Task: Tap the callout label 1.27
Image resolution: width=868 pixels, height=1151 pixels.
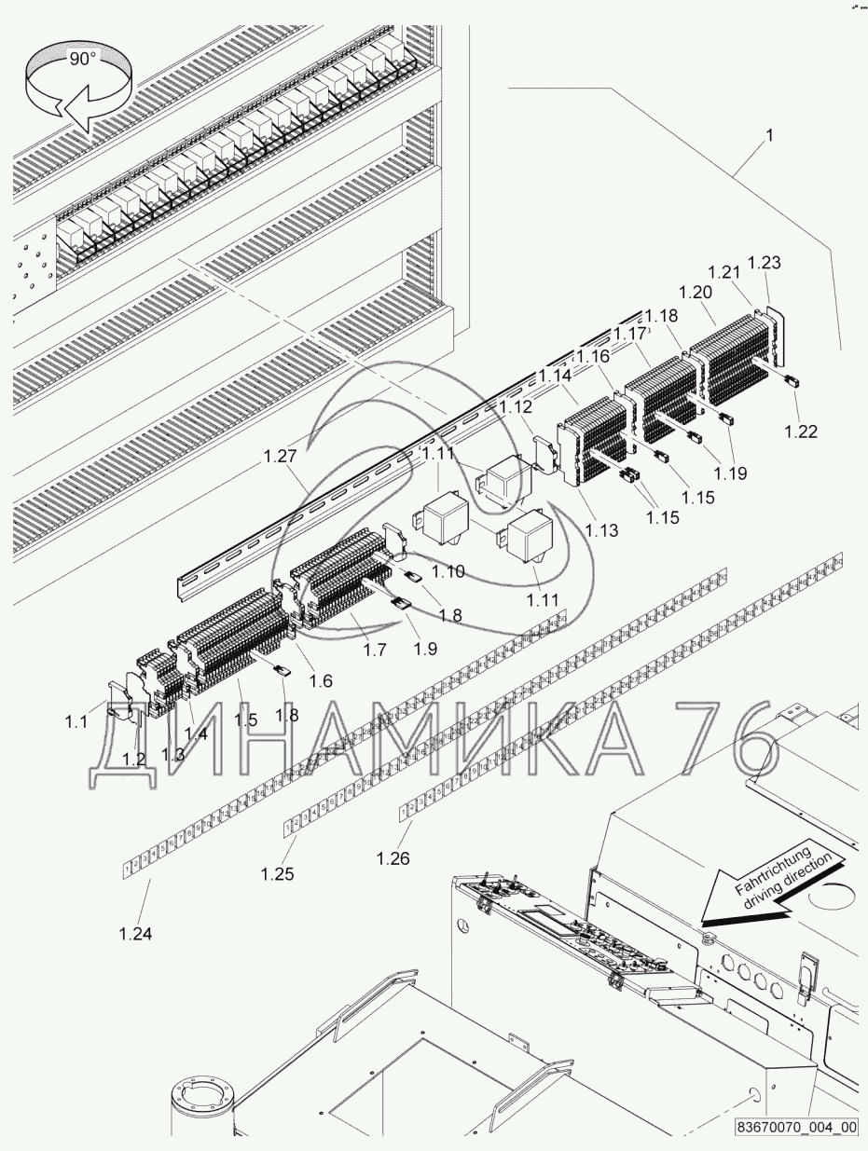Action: (x=279, y=457)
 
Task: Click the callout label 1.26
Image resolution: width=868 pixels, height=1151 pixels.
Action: (x=393, y=857)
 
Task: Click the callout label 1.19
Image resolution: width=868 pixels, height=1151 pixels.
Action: (x=732, y=473)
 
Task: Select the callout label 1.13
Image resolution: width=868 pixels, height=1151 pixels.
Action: (x=601, y=530)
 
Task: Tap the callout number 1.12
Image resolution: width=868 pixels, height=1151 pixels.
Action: (x=516, y=406)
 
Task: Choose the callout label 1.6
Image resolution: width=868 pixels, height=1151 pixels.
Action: (x=320, y=680)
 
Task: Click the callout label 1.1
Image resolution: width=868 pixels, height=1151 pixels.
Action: (x=76, y=720)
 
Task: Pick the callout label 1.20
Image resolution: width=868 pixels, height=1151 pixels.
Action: (x=696, y=291)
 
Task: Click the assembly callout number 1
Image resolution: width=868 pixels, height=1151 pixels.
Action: (x=769, y=135)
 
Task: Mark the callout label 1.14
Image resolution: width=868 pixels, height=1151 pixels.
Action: (x=554, y=377)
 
